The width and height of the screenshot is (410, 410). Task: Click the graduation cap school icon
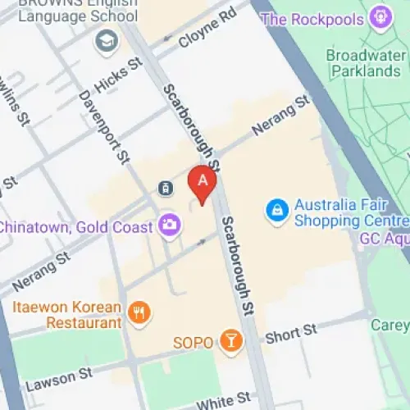click(107, 40)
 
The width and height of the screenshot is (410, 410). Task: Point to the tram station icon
click(166, 189)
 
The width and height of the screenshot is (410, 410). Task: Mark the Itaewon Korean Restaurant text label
click(66, 316)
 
